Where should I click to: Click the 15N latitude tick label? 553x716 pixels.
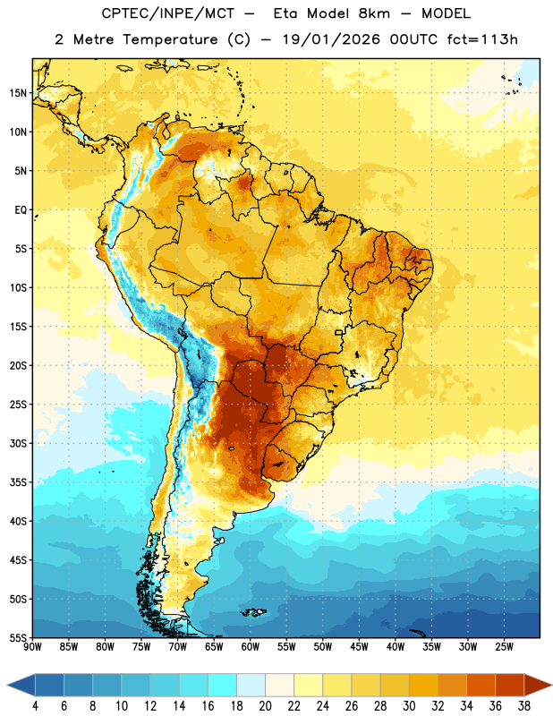18,93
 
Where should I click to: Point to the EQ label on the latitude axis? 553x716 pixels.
21,210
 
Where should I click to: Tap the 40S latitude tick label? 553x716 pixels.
18,522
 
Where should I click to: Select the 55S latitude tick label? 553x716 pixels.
18,638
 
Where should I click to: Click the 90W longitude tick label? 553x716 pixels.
33,647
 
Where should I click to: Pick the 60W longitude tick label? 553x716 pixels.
251,647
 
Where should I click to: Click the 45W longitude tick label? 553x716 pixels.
360,647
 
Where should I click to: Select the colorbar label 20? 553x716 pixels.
265,706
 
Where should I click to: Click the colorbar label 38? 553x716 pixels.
523,706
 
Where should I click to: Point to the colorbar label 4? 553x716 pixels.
35,706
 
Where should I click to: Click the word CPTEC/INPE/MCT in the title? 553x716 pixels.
168,13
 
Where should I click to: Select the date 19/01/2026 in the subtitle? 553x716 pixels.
331,39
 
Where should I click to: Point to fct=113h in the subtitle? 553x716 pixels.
482,39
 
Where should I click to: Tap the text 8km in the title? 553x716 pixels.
374,13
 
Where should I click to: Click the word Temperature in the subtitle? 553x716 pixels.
170,39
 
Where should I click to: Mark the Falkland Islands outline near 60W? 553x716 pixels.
254,612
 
